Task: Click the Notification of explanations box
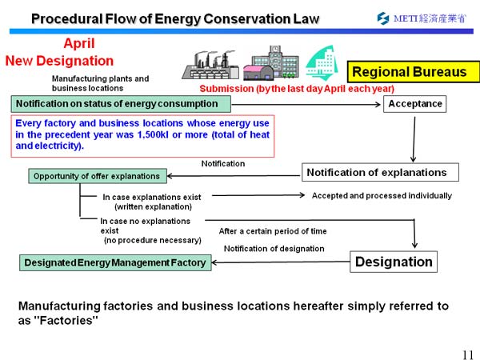(380, 172)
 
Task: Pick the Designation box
(394, 262)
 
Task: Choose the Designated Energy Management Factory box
(114, 262)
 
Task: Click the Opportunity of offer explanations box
(95, 176)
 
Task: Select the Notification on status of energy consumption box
(121, 104)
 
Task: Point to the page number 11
(467, 354)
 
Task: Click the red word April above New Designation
(79, 44)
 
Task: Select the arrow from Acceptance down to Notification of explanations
(414, 138)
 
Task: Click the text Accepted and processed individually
(382, 195)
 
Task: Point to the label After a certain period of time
(273, 231)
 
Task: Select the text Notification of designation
(274, 249)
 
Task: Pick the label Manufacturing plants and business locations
(100, 83)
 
